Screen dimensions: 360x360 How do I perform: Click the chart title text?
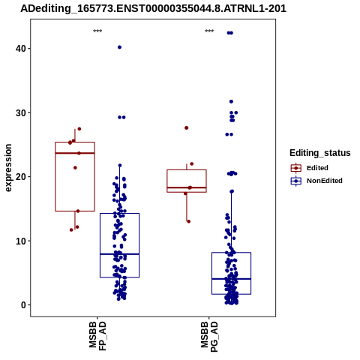[x=153, y=9]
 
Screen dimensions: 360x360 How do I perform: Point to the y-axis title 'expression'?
[x=8, y=168]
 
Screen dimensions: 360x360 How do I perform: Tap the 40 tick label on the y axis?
[x=21, y=49]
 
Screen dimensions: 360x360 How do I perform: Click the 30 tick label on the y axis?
[x=21, y=113]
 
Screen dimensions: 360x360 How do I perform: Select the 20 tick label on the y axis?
[x=21, y=177]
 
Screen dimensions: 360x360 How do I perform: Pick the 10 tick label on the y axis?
[x=21, y=241]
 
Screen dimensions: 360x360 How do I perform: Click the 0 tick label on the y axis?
[x=24, y=305]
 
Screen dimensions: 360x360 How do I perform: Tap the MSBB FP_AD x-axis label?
[x=97, y=336]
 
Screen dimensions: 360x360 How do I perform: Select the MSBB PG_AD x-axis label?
[x=209, y=337]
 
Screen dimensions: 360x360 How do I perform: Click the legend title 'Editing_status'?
[x=320, y=153]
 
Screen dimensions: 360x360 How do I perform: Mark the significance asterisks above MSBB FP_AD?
[x=97, y=31]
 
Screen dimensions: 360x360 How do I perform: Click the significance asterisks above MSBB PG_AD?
[x=209, y=31]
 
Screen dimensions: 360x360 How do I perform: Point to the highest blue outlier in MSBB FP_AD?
[x=119, y=47]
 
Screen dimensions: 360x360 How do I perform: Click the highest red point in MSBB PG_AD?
[x=187, y=128]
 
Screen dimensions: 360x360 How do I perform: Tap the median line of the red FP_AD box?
[x=75, y=153]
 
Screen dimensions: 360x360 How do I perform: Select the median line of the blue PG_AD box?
[x=231, y=279]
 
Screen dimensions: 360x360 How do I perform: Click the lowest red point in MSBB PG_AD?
[x=189, y=221]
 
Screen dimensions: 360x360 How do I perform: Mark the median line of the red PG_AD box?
[x=187, y=187]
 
